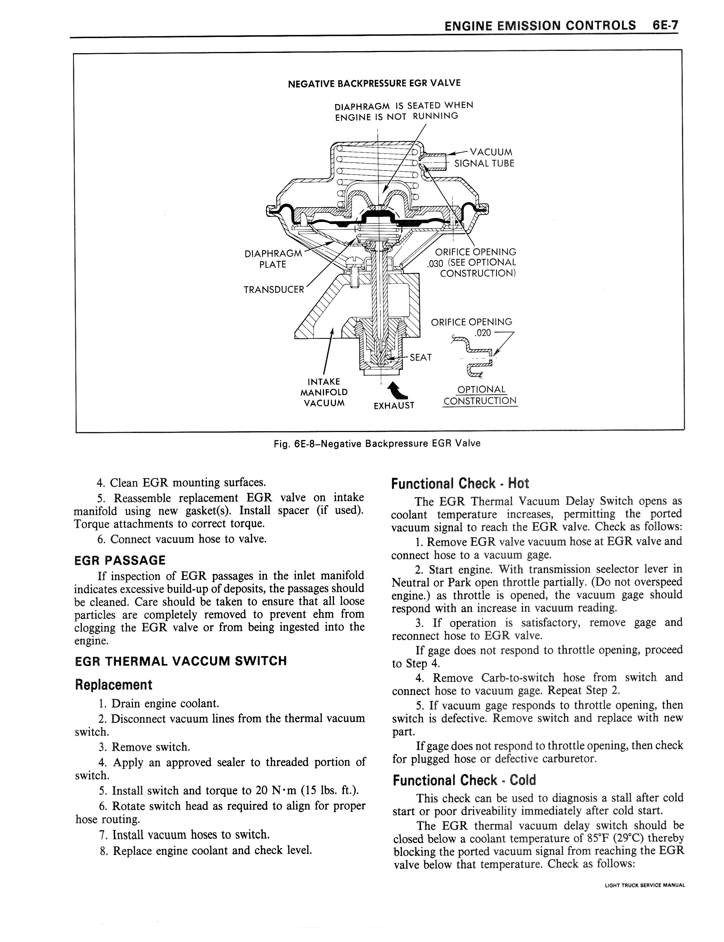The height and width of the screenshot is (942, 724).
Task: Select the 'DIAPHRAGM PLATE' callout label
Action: pyautogui.click(x=273, y=259)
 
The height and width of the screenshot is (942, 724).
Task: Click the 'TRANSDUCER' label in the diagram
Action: pyautogui.click(x=274, y=290)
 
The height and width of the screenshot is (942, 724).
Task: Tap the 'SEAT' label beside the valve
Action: pyautogui.click(x=421, y=357)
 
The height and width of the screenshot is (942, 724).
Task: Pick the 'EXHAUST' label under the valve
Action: pyautogui.click(x=394, y=406)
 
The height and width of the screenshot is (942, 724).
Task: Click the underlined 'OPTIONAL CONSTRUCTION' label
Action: pyautogui.click(x=480, y=395)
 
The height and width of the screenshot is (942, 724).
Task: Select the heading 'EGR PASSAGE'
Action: pyautogui.click(x=120, y=561)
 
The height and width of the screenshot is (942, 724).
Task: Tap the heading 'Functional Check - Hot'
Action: pyautogui.click(x=460, y=484)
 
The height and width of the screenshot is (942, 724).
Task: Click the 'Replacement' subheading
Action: pyautogui.click(x=113, y=685)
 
